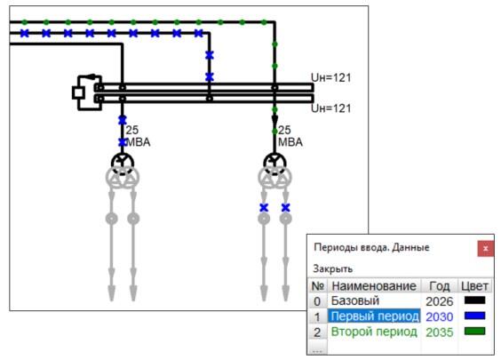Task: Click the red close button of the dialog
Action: click(x=485, y=248)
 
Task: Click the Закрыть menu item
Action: click(x=332, y=268)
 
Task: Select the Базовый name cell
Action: click(x=355, y=300)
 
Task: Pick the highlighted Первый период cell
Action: click(x=375, y=316)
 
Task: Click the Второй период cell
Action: click(x=374, y=332)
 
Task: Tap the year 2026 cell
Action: click(x=440, y=301)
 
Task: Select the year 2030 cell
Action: click(x=440, y=316)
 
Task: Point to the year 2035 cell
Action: click(x=440, y=332)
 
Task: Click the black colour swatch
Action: click(x=475, y=300)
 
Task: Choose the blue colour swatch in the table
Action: click(x=475, y=316)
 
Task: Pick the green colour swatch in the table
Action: click(x=475, y=331)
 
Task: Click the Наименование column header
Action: click(x=374, y=286)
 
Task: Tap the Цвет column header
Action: click(x=475, y=286)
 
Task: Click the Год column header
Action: click(x=440, y=286)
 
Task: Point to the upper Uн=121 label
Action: click(x=331, y=77)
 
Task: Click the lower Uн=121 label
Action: click(x=331, y=108)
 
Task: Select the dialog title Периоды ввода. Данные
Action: click(x=371, y=247)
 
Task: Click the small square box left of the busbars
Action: click(x=78, y=92)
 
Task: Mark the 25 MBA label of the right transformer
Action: click(x=290, y=136)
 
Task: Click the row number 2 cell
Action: click(x=317, y=332)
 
